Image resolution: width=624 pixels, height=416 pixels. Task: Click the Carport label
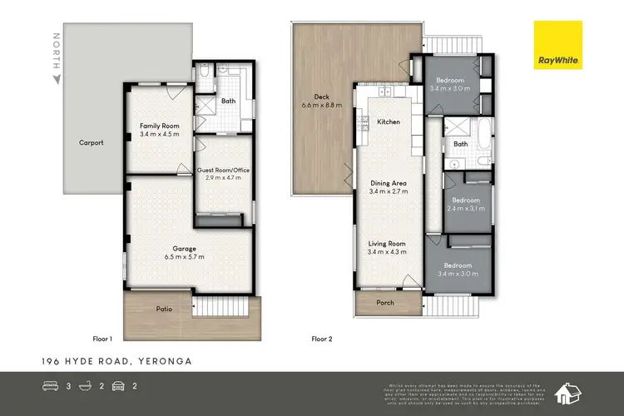point(92,142)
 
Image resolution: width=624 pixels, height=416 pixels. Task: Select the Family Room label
point(159,126)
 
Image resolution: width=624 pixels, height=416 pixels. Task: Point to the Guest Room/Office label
point(223,171)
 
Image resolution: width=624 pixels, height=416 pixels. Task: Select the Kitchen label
point(389,121)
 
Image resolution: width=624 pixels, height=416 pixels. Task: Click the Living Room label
point(388,244)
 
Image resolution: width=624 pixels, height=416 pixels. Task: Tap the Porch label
point(385,303)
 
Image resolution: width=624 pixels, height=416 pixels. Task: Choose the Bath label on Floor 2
point(460,143)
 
